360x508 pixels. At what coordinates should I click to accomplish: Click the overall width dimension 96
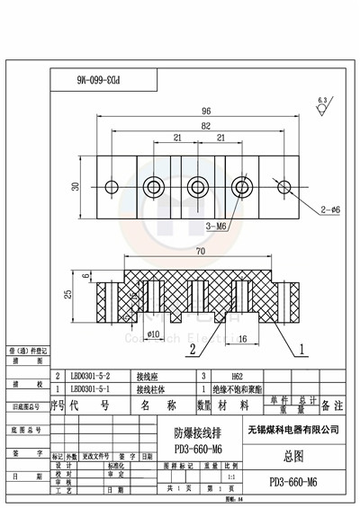[x=195, y=112]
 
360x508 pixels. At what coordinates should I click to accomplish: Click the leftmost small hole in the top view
[x=112, y=187]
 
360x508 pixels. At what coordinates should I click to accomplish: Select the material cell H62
[x=239, y=379]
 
